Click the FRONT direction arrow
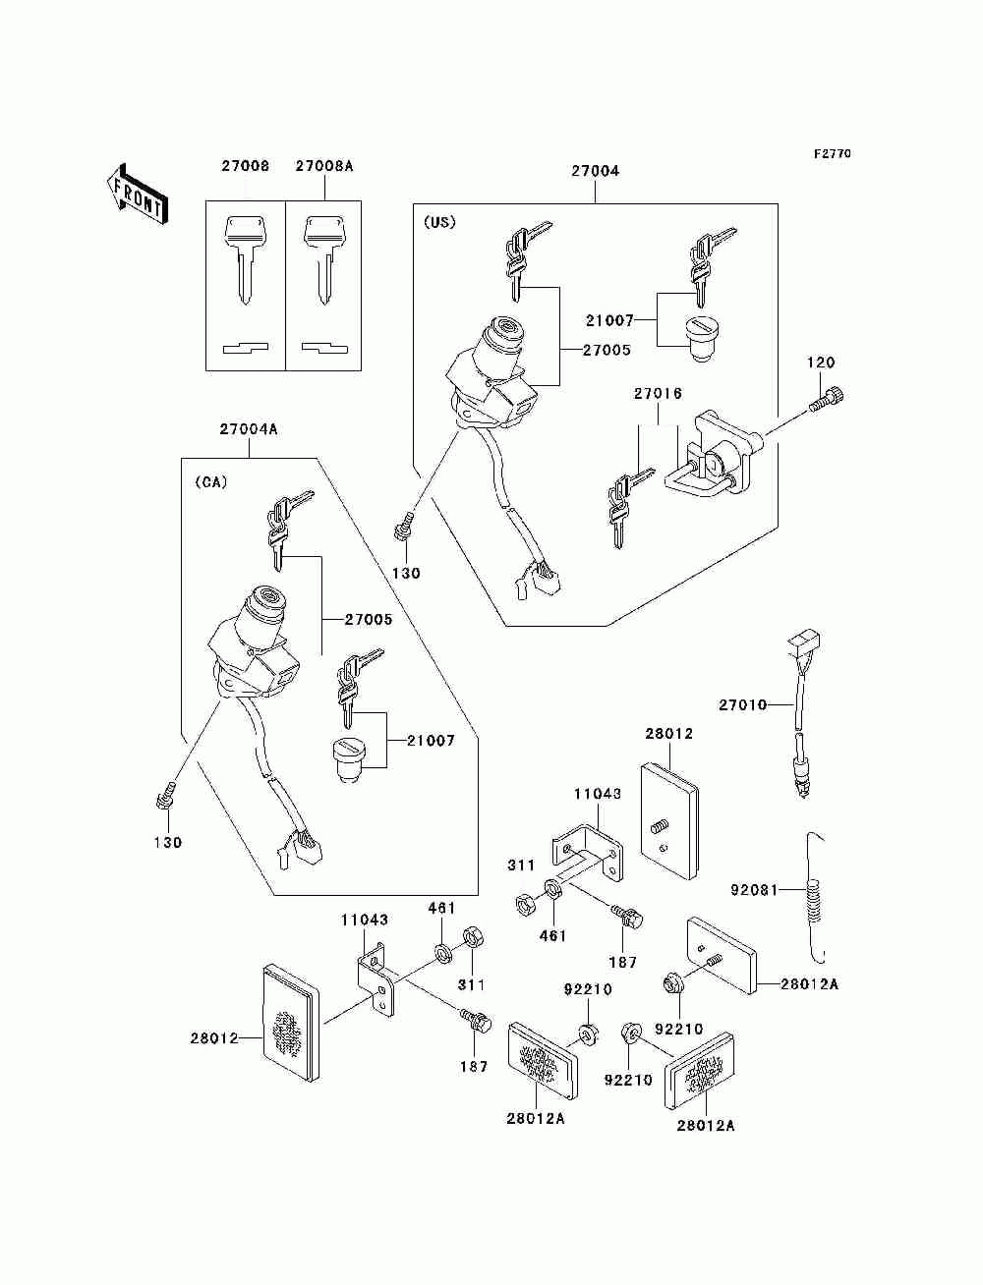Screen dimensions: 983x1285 (x=137, y=195)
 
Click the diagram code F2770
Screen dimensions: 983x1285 (x=832, y=154)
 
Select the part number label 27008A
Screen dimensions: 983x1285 (x=324, y=166)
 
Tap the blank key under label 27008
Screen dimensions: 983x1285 (x=246, y=260)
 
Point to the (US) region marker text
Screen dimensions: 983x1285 (x=439, y=222)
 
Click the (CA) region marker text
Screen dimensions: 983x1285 (x=210, y=481)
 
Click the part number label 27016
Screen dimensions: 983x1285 (x=658, y=393)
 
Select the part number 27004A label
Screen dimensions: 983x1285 (x=249, y=429)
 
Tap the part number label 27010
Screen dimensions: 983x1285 (x=743, y=704)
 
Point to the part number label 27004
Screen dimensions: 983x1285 (x=595, y=171)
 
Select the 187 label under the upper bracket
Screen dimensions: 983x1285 (x=622, y=962)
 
